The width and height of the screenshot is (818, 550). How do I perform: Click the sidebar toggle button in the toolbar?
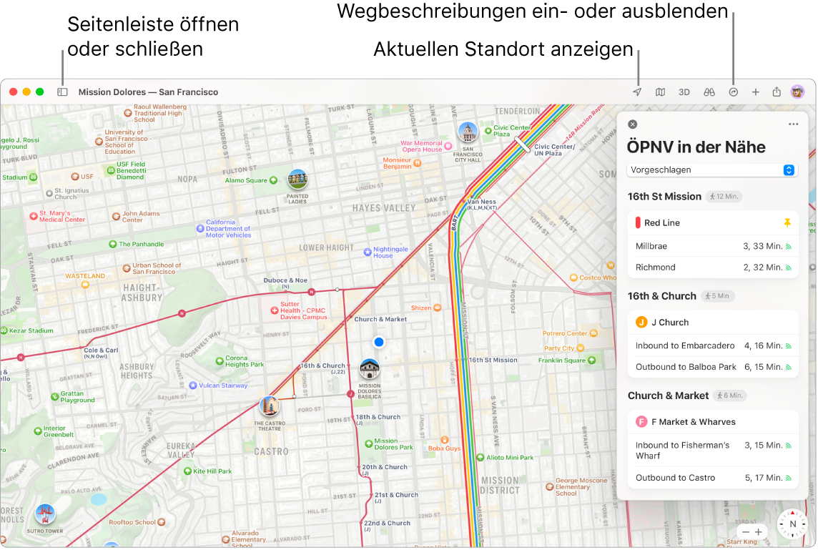click(63, 92)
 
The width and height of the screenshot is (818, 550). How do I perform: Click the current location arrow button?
click(637, 92)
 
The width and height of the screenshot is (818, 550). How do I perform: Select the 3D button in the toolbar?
click(684, 92)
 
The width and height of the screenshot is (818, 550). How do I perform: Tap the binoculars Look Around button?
click(709, 92)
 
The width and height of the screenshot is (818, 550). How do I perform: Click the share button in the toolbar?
click(777, 92)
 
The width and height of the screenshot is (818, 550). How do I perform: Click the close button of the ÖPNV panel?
click(632, 124)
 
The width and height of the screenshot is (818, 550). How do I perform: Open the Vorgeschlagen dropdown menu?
click(712, 170)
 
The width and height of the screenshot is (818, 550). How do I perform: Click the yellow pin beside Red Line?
click(787, 223)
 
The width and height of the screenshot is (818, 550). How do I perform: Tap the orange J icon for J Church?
click(641, 323)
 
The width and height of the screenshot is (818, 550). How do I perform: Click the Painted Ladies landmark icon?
click(297, 180)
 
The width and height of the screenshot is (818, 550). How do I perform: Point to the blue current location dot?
click(379, 343)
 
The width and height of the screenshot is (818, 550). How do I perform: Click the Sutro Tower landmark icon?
click(44, 514)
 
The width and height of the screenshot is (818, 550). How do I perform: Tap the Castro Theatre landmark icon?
click(270, 406)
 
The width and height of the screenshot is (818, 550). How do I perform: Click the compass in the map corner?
click(792, 524)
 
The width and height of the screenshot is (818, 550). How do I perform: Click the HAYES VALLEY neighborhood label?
click(383, 208)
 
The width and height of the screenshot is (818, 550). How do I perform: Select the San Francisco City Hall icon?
click(467, 132)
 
